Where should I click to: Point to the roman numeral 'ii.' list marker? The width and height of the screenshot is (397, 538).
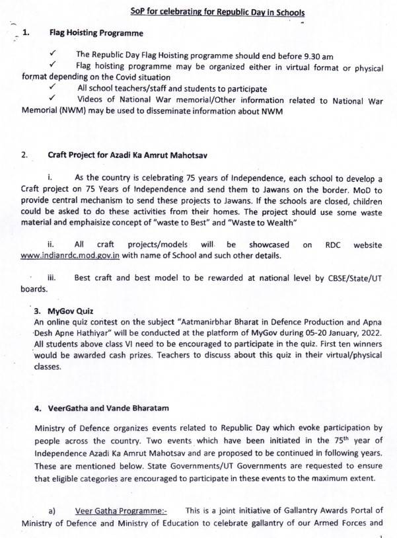point(52,245)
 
